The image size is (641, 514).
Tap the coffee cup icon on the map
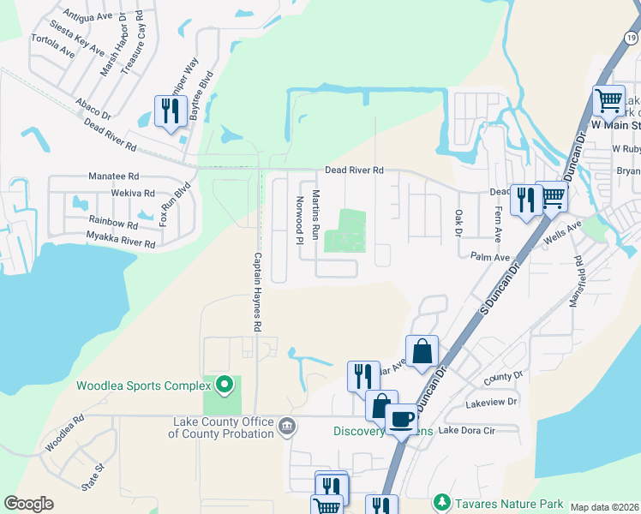coord(400,420)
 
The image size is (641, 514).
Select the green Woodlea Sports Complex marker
coord(225,385)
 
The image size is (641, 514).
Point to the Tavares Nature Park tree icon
coord(442,500)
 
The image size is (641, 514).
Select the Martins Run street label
coord(315,214)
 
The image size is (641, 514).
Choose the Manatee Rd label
coord(108,176)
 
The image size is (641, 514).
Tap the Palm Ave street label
coord(490,255)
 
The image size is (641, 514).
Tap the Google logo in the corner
coord(28,504)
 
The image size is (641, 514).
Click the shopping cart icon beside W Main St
coord(608,99)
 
